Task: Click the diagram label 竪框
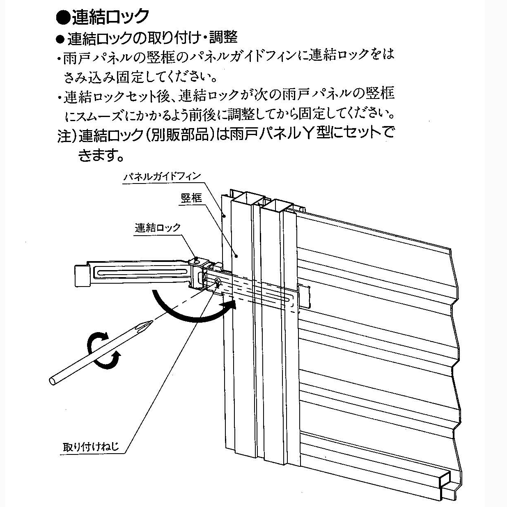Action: click(191, 198)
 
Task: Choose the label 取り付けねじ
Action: click(91, 446)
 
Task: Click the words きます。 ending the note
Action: click(101, 155)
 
